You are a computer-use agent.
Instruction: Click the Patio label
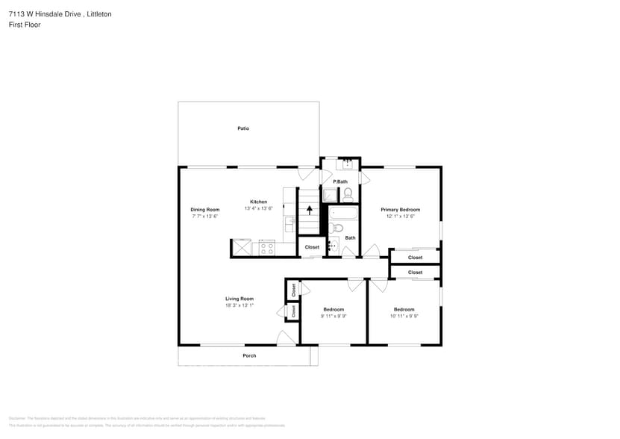pyautogui.click(x=243, y=128)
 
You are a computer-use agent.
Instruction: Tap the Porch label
pyautogui.click(x=249, y=355)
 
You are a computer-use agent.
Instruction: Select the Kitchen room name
pyautogui.click(x=258, y=202)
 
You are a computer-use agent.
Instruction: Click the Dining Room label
pyautogui.click(x=204, y=210)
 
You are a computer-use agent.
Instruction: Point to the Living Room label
pyautogui.click(x=239, y=299)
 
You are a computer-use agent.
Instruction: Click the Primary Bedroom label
pyautogui.click(x=400, y=210)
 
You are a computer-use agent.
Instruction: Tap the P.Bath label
pyautogui.click(x=340, y=181)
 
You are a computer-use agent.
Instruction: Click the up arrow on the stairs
pyautogui.click(x=310, y=210)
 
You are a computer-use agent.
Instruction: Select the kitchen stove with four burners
pyautogui.click(x=267, y=247)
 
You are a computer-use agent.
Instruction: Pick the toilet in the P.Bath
pyautogui.click(x=348, y=195)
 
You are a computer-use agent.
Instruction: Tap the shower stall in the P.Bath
pyautogui.click(x=329, y=196)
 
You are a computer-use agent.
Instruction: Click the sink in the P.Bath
pyautogui.click(x=347, y=164)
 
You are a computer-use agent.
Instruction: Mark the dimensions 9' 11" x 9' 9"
pyautogui.click(x=334, y=316)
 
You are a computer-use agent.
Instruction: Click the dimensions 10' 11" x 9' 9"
pyautogui.click(x=404, y=316)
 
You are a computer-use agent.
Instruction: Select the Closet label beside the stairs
pyautogui.click(x=312, y=247)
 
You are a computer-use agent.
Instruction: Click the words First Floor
pyautogui.click(x=25, y=25)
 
